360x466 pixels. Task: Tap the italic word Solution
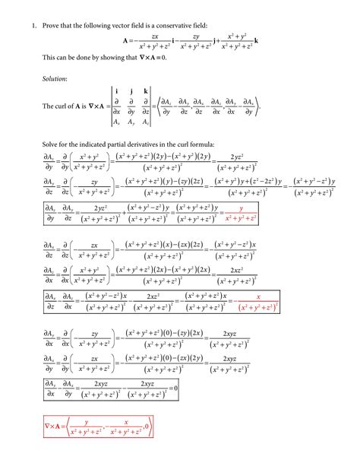point(55,78)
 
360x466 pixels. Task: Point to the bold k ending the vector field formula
point(256,41)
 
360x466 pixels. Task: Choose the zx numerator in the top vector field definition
point(155,36)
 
